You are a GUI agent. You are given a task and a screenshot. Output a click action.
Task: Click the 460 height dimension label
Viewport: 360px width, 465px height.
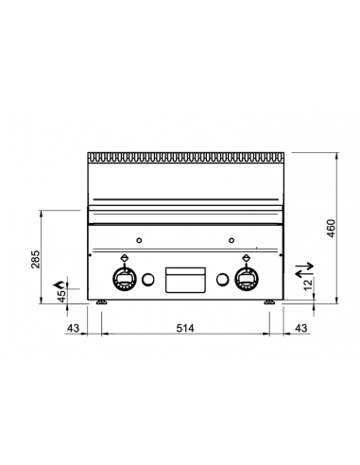tap(330, 229)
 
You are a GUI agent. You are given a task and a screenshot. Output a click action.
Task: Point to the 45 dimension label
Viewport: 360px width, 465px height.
tap(61, 297)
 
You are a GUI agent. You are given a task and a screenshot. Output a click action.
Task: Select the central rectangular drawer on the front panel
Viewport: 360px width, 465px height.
tap(185, 280)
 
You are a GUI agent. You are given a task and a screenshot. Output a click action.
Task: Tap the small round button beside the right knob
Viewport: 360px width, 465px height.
tap(223, 279)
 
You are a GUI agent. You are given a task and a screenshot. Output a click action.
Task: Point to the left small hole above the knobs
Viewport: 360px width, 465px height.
tap(140, 238)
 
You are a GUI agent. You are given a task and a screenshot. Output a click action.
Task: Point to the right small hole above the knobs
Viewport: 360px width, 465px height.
tap(231, 238)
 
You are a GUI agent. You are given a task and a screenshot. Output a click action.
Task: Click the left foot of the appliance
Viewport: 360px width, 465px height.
tap(100, 302)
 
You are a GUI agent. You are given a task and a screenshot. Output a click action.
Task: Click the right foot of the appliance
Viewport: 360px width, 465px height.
tap(270, 302)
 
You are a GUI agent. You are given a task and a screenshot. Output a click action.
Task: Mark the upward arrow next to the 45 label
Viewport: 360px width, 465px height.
tap(61, 282)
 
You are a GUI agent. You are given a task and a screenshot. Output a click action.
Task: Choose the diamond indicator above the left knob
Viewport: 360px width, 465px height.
tap(125, 256)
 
